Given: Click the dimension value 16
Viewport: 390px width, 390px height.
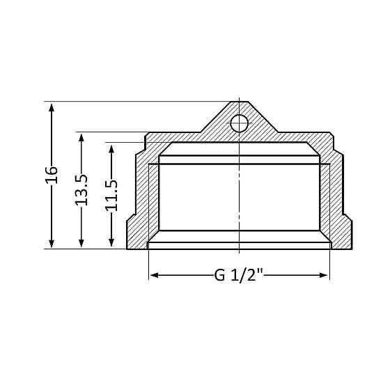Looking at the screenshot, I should coord(52,174).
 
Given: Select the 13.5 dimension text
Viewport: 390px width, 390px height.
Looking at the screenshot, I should coord(81,189).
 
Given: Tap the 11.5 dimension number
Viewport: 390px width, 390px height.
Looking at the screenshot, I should coord(111,195).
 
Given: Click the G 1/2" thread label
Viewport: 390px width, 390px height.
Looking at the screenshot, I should coord(239,276).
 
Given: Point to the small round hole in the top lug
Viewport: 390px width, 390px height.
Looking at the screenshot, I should coord(239,124).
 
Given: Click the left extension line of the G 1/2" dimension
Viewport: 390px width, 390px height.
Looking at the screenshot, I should coord(149,265).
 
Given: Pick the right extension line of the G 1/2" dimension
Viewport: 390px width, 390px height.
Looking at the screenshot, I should coord(329,265).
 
